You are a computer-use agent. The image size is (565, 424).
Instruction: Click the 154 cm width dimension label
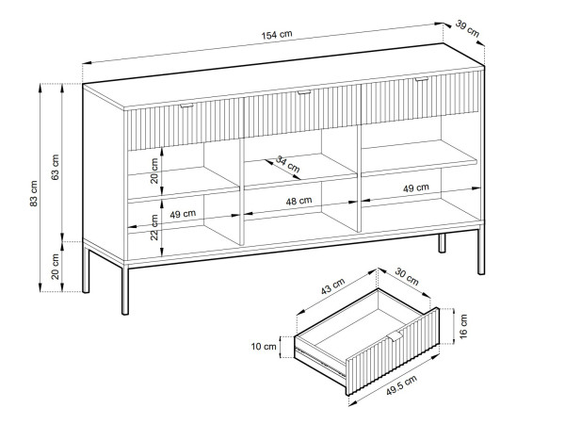point(277,35)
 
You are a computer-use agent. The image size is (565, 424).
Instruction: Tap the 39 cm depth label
point(467,29)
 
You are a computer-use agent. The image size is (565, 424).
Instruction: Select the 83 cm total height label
point(34,193)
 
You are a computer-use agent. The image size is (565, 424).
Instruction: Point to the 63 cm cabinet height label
point(56,167)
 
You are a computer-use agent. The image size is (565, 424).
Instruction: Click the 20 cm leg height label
point(56,267)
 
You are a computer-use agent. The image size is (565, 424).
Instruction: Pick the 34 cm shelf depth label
point(287,164)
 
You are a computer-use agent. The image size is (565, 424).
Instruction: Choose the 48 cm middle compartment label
point(299,201)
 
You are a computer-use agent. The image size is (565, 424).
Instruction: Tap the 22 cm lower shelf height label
point(154,227)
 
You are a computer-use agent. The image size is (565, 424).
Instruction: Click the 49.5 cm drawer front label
point(402,384)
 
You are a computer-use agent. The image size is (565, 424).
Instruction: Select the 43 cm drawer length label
point(333,285)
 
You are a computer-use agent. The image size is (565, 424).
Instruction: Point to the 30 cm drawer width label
point(407,276)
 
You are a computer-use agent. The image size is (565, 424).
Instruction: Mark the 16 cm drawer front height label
point(463,326)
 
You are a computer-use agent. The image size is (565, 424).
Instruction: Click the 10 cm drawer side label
point(264,347)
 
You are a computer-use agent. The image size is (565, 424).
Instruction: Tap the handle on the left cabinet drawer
point(186,106)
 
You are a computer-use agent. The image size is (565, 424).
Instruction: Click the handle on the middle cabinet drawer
point(304,92)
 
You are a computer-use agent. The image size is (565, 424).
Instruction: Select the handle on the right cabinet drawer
point(421,79)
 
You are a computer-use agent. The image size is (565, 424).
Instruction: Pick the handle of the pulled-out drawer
point(395,337)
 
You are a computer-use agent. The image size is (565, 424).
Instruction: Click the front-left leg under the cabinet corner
point(125,289)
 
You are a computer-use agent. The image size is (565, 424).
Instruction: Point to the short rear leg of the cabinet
point(442,243)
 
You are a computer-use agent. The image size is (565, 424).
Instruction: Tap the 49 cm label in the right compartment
point(416,188)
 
